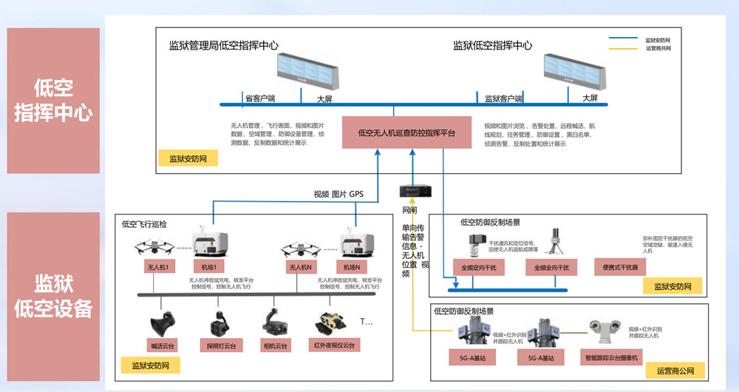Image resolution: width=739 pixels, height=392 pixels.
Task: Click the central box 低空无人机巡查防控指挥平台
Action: click(x=406, y=132)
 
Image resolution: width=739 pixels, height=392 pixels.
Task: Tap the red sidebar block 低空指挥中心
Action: click(x=53, y=101)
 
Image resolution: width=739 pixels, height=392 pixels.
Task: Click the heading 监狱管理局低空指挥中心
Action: click(x=224, y=45)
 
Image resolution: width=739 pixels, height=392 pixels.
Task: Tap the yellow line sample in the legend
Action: click(x=624, y=49)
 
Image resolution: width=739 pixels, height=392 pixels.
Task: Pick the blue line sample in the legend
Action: click(x=624, y=39)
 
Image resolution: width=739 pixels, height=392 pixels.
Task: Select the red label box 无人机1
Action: click(x=159, y=267)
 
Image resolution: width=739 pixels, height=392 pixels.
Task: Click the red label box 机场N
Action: click(x=352, y=267)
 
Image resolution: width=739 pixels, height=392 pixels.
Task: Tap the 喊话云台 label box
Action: click(x=162, y=345)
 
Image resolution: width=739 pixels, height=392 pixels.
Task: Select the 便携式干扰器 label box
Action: click(x=619, y=267)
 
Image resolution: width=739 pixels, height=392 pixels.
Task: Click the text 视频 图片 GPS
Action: click(x=338, y=195)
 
